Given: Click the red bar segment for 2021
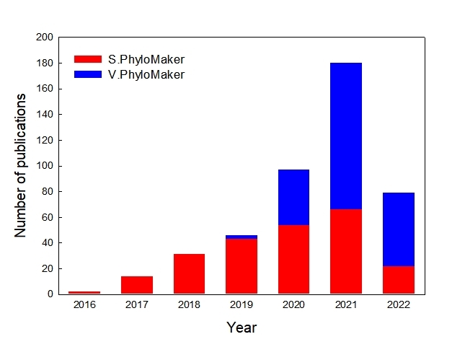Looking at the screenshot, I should point(346,251).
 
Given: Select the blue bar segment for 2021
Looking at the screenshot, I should point(346,136).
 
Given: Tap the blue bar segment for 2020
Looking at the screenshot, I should point(293,197).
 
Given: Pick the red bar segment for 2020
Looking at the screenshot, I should point(293,259).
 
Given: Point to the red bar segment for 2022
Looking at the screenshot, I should point(398,279).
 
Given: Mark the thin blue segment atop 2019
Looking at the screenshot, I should point(242,237).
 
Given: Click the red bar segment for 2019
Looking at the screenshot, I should point(242,265).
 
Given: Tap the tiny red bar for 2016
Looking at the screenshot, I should point(84,292).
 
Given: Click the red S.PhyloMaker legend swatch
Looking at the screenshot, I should point(88,59).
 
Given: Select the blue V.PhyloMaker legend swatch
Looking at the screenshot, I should point(88,74).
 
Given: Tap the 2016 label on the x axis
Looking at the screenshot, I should point(84,305).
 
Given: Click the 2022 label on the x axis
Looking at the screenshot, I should point(398,305).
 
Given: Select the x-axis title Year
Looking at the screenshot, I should point(242,328).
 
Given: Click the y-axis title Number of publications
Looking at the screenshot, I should point(21,165).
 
